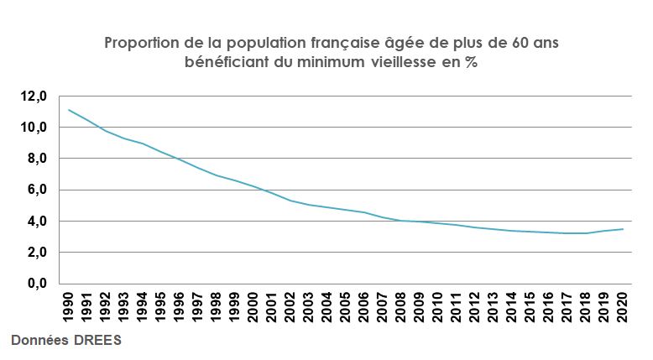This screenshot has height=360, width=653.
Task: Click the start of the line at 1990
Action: click(x=69, y=110)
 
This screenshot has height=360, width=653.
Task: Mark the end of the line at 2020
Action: click(x=623, y=229)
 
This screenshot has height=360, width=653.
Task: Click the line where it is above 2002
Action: click(x=290, y=201)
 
